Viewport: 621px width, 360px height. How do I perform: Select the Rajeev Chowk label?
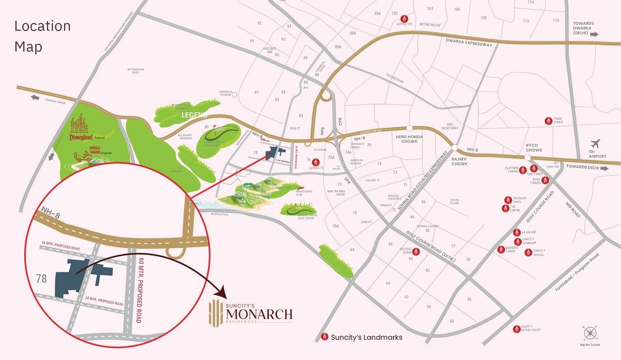(x=460, y=161)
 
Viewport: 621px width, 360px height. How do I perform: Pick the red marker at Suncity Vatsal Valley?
(x=516, y=329)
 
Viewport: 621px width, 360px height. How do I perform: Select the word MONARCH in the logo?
(x=259, y=313)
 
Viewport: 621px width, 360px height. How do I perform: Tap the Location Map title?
(x=42, y=36)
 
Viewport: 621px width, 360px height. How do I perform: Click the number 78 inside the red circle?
(x=41, y=279)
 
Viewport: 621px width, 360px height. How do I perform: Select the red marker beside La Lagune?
(x=516, y=233)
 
